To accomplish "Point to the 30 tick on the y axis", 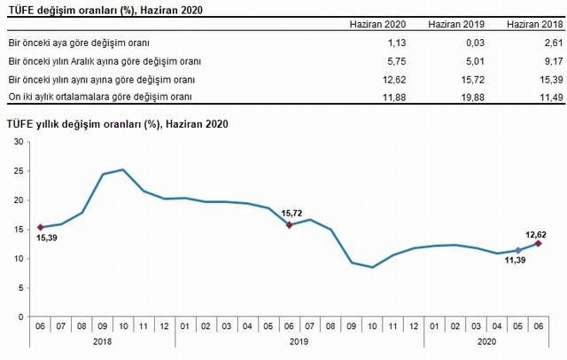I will (x=19, y=142).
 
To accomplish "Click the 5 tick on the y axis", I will (x=21, y=287).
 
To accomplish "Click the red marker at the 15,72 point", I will (x=290, y=225).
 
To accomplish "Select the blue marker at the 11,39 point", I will (x=519, y=251).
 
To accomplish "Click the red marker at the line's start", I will (x=41, y=227).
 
